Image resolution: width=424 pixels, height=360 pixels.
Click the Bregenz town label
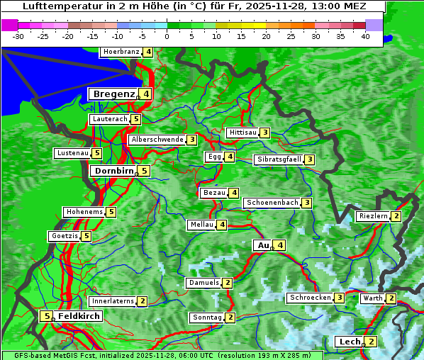pos(113,94)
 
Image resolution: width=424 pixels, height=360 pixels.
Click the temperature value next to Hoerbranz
pos(147,52)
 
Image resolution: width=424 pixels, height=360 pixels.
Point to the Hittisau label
pos(242,133)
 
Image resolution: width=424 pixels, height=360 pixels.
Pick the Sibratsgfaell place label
pos(279,159)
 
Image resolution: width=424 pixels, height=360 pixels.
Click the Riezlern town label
pos(373,216)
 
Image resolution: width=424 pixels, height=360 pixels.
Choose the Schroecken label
pos(310,298)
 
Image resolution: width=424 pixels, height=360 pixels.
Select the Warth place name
pos(372,298)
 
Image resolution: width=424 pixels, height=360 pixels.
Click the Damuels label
pos(203,283)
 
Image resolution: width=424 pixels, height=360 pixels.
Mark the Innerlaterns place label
pos(113,301)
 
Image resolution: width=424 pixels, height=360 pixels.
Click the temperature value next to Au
pos(281,245)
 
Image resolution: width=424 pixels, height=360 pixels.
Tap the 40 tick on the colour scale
pos(365,36)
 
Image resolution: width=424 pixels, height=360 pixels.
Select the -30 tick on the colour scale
pos(18,36)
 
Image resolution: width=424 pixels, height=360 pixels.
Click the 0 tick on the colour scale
pos(167,36)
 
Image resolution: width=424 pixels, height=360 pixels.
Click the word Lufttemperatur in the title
pos(54,6)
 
